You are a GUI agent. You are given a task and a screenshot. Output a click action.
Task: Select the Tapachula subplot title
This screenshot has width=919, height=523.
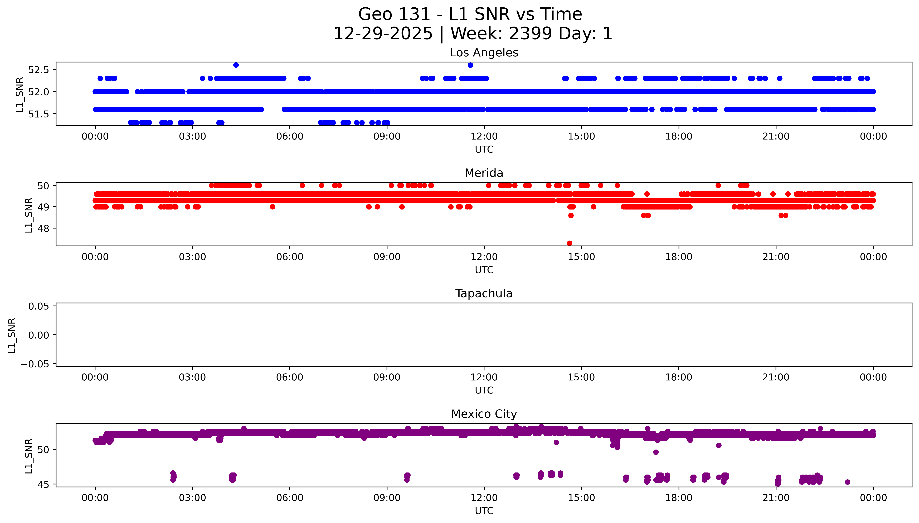[484, 293]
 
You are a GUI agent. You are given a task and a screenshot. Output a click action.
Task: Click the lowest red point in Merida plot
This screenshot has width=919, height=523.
[569, 243]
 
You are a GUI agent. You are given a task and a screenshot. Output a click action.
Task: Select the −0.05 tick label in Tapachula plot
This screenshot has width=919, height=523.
[35, 364]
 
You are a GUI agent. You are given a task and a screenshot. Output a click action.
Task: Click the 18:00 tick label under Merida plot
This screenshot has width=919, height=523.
[679, 257]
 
